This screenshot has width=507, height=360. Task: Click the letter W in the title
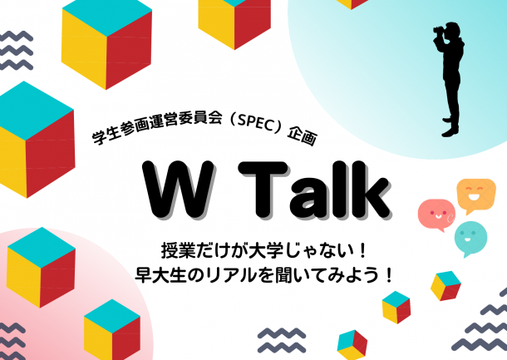(x=179, y=189)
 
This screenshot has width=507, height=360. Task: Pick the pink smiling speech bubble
(x=436, y=215)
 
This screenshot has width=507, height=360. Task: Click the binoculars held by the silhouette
(x=439, y=30)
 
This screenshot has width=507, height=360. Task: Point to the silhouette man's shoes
(x=450, y=127)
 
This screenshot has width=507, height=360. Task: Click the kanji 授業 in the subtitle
(x=175, y=251)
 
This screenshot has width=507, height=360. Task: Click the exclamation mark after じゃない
(x=362, y=251)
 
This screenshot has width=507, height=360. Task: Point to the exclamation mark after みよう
(x=389, y=275)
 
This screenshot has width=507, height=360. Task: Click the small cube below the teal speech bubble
(x=445, y=286)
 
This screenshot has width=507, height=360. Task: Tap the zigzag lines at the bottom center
(x=282, y=339)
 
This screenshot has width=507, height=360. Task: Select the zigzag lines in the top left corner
(x=16, y=51)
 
